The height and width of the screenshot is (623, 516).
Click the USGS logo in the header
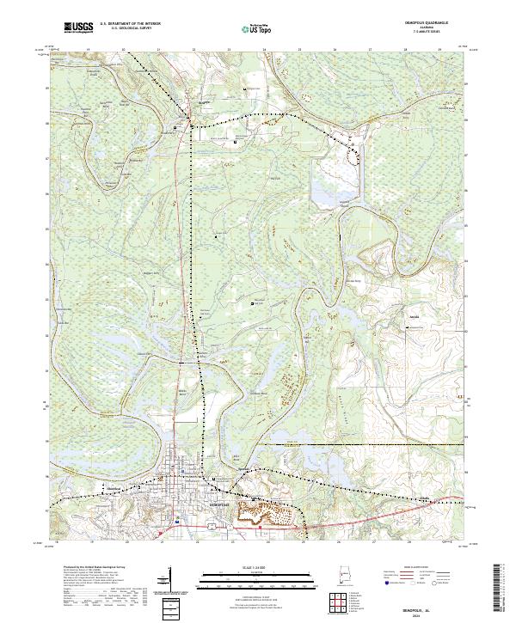pyautogui.click(x=79, y=27)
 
